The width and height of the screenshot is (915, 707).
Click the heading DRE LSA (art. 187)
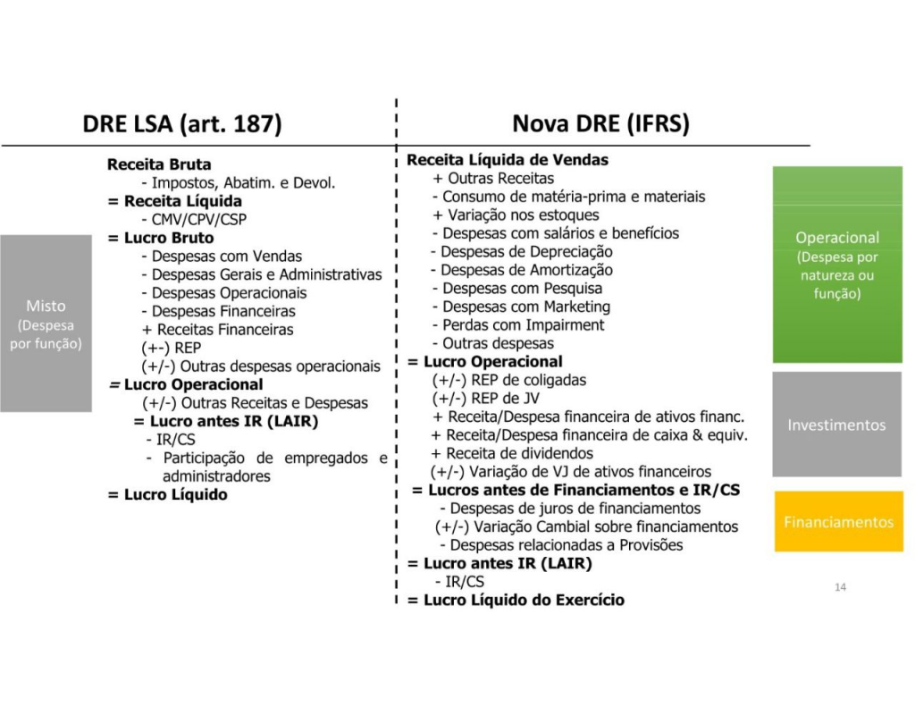coord(182,123)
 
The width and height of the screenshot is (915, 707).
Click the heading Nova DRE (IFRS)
coord(600,123)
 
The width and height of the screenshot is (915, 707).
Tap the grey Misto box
coord(46,324)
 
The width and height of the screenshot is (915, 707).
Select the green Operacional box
coord(837,265)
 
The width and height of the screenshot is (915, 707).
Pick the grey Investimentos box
coord(836,425)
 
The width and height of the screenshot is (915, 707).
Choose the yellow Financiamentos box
coord(838,521)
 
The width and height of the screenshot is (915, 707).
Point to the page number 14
coord(840,587)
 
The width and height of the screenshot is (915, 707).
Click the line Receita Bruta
coord(159,164)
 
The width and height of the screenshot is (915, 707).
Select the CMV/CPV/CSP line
coord(194,220)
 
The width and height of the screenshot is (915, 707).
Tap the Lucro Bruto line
coord(161,238)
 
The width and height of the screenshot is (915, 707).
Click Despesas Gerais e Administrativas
coord(262,275)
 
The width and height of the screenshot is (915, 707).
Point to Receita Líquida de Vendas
coord(508,160)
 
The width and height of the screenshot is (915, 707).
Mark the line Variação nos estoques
coord(516,215)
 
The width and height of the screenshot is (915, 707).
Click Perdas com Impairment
coord(518,325)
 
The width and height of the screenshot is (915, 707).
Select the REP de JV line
coord(485,399)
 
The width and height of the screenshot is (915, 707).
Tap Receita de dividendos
coord(512,454)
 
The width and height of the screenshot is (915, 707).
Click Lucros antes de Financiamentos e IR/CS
coord(575,491)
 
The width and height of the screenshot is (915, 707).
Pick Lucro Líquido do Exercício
coord(516,600)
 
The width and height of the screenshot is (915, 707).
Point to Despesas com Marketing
coord(521,307)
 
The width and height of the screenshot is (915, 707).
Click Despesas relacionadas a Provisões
coord(561,545)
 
